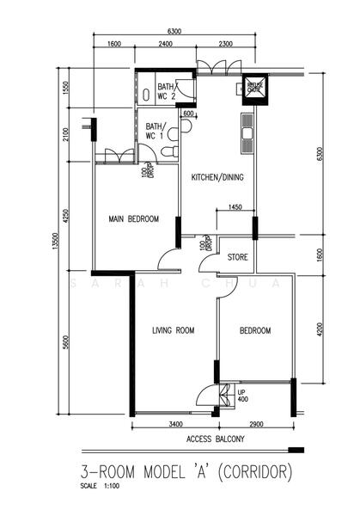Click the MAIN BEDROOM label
pyautogui.click(x=133, y=219)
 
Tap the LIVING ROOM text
pyautogui.click(x=173, y=330)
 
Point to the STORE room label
pyautogui.click(x=238, y=257)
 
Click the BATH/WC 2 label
pyautogui.click(x=166, y=92)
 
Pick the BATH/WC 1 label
pyautogui.click(x=156, y=132)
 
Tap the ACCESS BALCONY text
pyautogui.click(x=215, y=439)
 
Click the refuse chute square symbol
pyautogui.click(x=254, y=89)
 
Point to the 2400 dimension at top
pyautogui.click(x=167, y=46)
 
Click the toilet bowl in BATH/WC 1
pyautogui.click(x=169, y=151)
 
